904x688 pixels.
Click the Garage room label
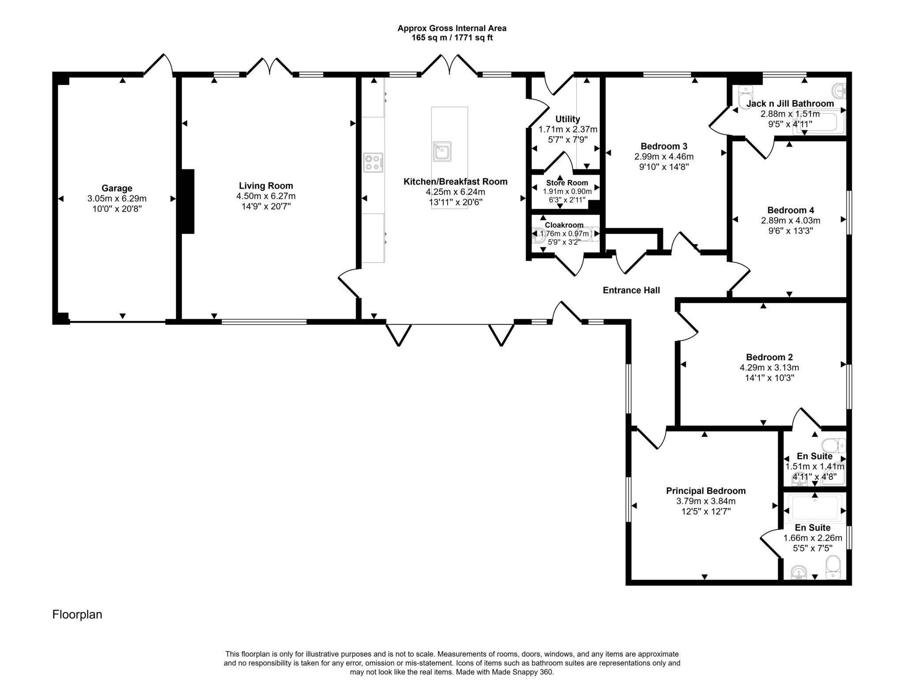pyautogui.click(x=117, y=188)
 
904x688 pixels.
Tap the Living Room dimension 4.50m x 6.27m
pyautogui.click(x=266, y=196)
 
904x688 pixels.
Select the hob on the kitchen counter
pyautogui.click(x=373, y=162)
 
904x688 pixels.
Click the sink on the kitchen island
pyautogui.click(x=442, y=152)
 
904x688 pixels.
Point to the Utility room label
pyautogui.click(x=568, y=119)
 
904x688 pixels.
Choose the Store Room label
pyautogui.click(x=567, y=183)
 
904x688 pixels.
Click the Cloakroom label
pyautogui.click(x=564, y=225)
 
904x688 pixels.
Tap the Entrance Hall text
pyautogui.click(x=631, y=290)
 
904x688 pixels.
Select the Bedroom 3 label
pyautogui.click(x=664, y=146)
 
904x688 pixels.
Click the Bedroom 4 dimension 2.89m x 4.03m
pyautogui.click(x=790, y=220)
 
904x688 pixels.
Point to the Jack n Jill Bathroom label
pyautogui.click(x=790, y=104)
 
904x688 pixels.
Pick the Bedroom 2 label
pyautogui.click(x=769, y=357)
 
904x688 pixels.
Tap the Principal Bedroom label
pyautogui.click(x=706, y=491)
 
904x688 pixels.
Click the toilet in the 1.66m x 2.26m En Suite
pyautogui.click(x=832, y=566)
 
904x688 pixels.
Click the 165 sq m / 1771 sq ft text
pyautogui.click(x=452, y=38)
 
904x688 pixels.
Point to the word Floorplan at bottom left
pyautogui.click(x=77, y=615)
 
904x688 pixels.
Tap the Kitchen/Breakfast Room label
pyautogui.click(x=456, y=182)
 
